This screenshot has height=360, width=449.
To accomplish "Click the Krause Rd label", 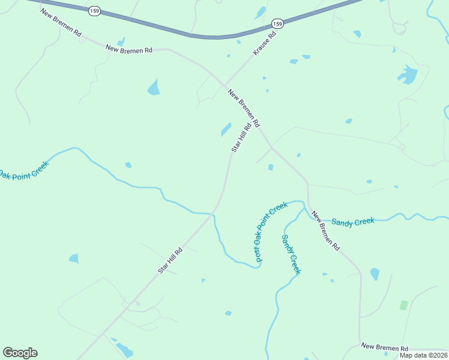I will pyautogui.click(x=265, y=43).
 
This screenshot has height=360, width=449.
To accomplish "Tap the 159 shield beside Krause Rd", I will pyautogui.click(x=277, y=23).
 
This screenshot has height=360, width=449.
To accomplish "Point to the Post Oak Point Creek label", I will pyautogui.click(x=271, y=232).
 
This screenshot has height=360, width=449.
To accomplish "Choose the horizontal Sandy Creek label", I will pyautogui.click(x=353, y=222).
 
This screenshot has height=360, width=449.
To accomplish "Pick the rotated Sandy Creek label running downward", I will pyautogui.click(x=291, y=254).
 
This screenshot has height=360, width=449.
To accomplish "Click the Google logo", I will pyautogui.click(x=20, y=353).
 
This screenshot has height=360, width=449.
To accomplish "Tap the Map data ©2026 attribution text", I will pyautogui.click(x=424, y=355).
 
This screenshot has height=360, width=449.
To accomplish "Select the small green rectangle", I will pyautogui.click(x=403, y=305).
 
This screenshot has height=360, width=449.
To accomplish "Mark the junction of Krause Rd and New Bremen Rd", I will pyautogui.click(x=224, y=85).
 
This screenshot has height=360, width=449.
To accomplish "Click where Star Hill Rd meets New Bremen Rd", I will pyautogui.click(x=271, y=147).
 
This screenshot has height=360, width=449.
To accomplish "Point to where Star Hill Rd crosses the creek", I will pyautogui.click(x=213, y=214).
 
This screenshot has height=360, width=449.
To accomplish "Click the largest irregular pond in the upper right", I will pyautogui.click(x=408, y=74).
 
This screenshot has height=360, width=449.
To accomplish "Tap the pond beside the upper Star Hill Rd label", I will pyautogui.click(x=226, y=129).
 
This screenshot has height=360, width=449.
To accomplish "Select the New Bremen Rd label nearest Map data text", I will pyautogui.click(x=384, y=348).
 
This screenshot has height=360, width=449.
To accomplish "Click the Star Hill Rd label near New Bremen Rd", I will pyautogui.click(x=241, y=137).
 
